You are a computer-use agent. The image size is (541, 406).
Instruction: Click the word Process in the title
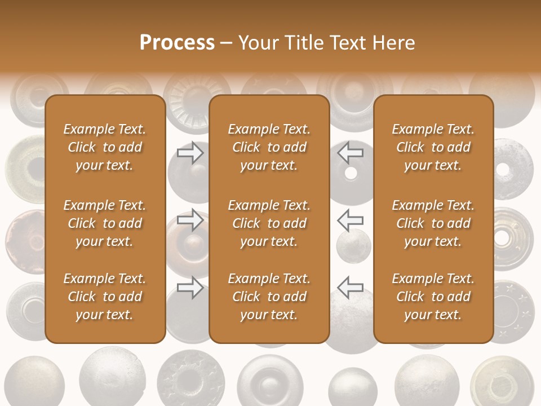click(x=177, y=42)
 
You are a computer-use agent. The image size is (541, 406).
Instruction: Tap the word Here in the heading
click(x=392, y=42)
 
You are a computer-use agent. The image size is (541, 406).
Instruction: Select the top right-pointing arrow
click(x=190, y=152)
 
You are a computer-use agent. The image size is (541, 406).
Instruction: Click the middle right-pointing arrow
click(x=190, y=219)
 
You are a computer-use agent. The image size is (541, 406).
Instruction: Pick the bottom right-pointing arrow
click(x=190, y=288)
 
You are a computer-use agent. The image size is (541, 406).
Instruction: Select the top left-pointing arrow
click(x=350, y=152)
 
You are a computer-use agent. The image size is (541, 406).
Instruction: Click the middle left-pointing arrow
click(x=350, y=219)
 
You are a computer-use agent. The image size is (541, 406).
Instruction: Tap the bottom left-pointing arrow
click(x=350, y=288)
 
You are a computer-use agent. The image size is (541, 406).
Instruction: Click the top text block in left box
click(x=105, y=147)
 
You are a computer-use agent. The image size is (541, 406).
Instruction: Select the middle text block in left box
click(x=105, y=223)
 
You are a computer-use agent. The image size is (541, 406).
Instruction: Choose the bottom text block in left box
click(x=105, y=297)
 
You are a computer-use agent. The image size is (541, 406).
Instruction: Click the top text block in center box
click(x=269, y=147)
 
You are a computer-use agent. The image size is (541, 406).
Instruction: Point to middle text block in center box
click(x=269, y=223)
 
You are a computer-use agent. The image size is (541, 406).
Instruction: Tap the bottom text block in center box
click(x=269, y=297)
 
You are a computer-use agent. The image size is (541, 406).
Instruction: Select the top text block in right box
click(x=433, y=147)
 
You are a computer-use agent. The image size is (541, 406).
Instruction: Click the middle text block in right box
click(x=433, y=223)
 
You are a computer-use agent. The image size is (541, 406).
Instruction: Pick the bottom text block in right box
click(x=433, y=297)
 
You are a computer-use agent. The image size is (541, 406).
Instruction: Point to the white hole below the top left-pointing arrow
click(x=351, y=173)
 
